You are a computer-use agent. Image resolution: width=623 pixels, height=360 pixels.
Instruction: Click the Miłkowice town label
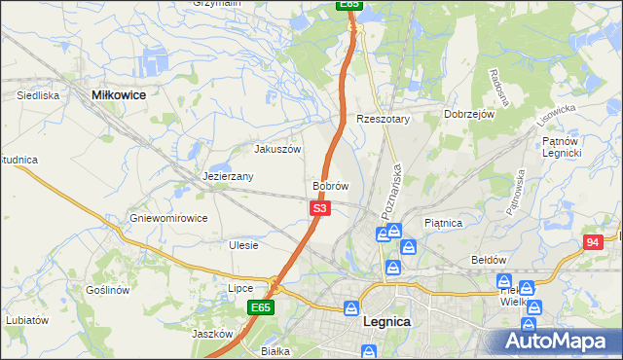point(118,94)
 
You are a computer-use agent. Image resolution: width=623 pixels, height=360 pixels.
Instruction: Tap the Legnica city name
point(386,321)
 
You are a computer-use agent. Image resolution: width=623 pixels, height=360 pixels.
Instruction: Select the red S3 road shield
point(320,208)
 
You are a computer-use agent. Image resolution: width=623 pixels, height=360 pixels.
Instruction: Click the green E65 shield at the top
point(351,5)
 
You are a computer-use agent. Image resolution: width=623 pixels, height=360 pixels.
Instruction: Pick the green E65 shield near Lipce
point(260,307)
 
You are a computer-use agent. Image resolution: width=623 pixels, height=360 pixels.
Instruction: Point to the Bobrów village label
point(330,185)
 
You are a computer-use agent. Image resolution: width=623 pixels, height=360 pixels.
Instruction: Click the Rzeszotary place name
point(384,119)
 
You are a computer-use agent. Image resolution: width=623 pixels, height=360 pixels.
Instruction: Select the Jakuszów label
point(277,149)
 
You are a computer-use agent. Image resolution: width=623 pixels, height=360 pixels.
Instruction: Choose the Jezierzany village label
point(228,176)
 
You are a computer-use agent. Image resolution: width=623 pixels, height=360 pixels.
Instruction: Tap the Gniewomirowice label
point(168,218)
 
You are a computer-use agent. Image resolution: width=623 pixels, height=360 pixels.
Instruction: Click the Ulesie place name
point(243,245)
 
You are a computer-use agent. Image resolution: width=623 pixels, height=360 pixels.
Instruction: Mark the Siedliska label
point(39,95)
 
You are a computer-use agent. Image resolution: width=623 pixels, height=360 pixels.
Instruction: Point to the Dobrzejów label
point(470,114)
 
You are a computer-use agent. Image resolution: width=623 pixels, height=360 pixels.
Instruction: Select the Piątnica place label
point(444,223)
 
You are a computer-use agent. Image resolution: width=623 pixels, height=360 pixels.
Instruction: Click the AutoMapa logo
point(556,340)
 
